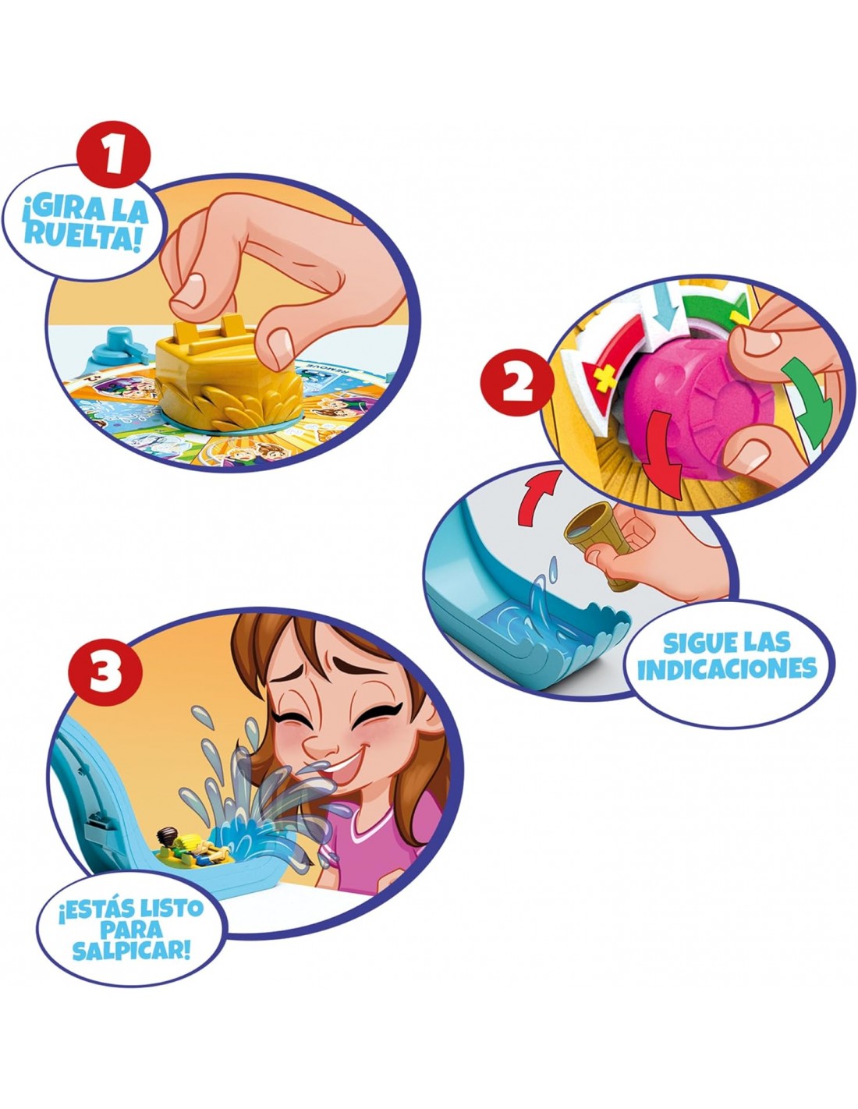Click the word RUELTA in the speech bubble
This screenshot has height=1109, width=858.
click(x=81, y=237)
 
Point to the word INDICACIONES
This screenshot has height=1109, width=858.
click(x=727, y=670)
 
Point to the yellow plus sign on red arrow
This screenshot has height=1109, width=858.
click(x=603, y=380)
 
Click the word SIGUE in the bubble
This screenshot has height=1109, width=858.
click(x=693, y=643)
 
